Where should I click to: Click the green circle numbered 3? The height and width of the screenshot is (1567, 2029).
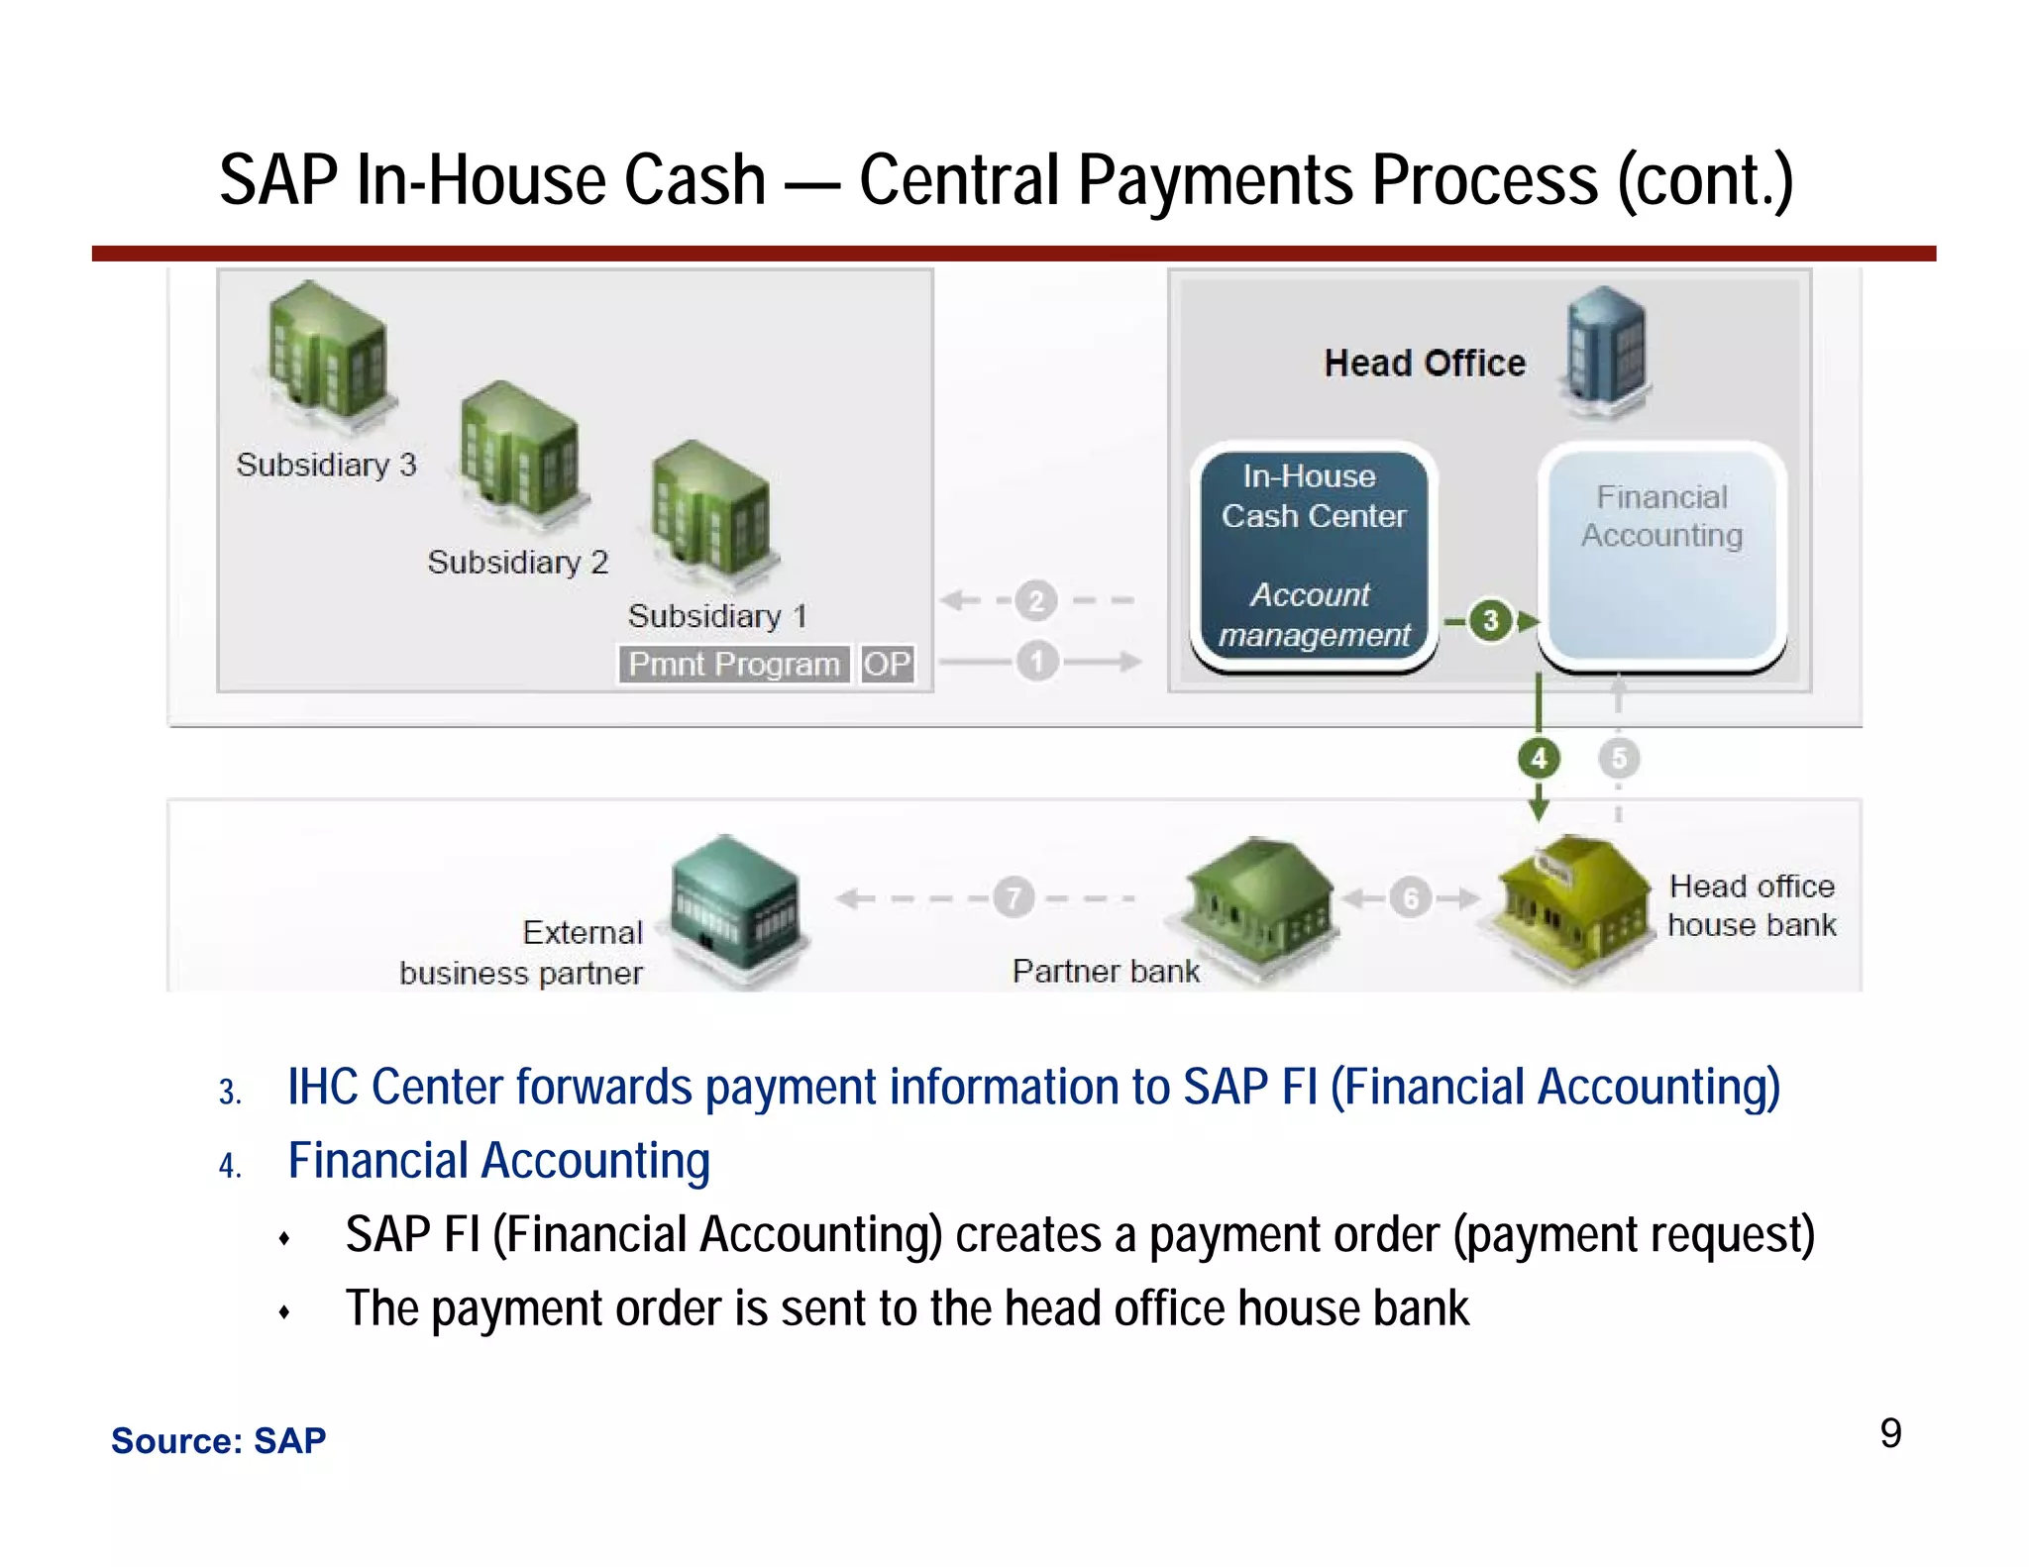pos(1490,621)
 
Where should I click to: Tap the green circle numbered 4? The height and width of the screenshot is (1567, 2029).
pos(1539,759)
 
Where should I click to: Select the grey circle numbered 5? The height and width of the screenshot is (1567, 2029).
pos(1619,759)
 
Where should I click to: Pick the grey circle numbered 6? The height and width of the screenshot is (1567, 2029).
pos(1410,898)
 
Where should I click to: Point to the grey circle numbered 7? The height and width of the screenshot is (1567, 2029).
pos(1013,898)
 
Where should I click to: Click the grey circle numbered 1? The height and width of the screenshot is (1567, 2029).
pos(1037,661)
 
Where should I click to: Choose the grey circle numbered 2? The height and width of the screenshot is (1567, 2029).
pos(1036,600)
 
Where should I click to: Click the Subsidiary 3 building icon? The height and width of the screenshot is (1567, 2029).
pos(327,357)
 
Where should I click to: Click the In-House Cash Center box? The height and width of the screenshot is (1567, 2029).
pos(1314,556)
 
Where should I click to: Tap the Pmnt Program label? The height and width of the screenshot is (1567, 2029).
pos(734,664)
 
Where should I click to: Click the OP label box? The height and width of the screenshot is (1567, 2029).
pos(886,664)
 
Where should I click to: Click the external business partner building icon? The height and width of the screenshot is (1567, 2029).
pos(734,907)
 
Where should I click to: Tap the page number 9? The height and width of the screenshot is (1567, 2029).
pos(1890,1433)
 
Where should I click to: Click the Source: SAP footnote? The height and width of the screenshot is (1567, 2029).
pos(218,1440)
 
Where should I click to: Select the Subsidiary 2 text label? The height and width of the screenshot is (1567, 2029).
pos(517,563)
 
